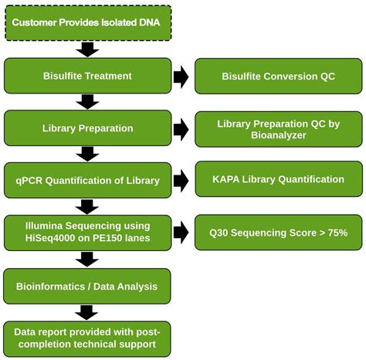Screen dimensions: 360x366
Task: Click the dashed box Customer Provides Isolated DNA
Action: (86, 22)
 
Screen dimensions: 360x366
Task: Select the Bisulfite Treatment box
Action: (86, 76)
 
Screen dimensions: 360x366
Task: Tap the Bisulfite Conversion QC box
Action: (278, 76)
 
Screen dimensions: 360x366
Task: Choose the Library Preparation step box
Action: (86, 128)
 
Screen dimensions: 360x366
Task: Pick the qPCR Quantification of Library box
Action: (86, 181)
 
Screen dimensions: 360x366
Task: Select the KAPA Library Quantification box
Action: (278, 179)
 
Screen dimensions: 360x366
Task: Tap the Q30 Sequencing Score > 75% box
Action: (278, 233)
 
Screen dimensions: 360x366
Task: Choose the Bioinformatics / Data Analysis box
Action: (86, 286)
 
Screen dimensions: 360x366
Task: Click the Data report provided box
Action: (86, 338)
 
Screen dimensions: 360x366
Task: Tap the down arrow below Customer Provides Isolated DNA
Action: (88, 49)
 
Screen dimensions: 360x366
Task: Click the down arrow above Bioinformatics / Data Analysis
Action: (88, 260)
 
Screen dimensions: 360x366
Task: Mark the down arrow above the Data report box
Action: (88, 311)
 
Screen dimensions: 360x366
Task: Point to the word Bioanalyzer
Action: (278, 136)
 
